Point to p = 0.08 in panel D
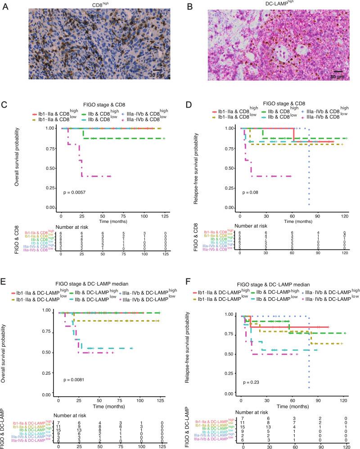251,192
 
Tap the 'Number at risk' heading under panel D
254,227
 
